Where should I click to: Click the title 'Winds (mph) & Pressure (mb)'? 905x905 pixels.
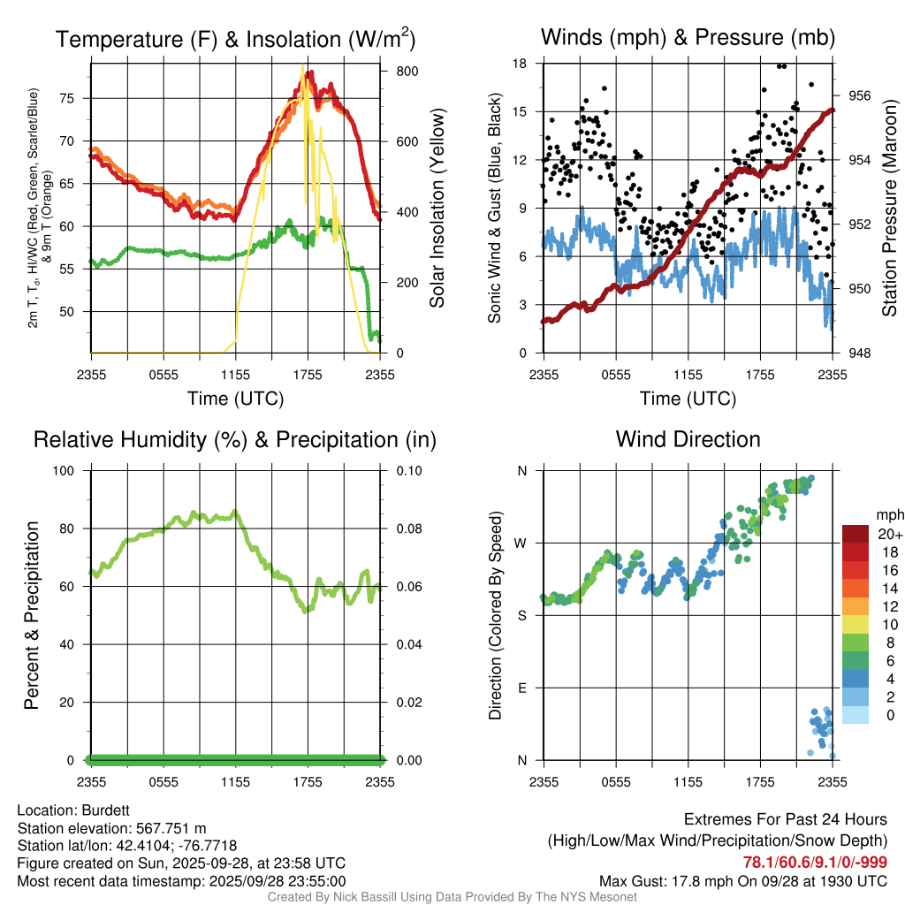688,38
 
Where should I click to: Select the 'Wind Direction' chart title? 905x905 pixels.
688,438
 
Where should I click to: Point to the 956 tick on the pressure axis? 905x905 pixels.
860,95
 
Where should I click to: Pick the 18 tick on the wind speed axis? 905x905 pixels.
521,64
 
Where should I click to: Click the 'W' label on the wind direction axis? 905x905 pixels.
521,543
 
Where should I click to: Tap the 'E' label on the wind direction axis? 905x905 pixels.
521,688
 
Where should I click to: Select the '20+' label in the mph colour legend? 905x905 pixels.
887,534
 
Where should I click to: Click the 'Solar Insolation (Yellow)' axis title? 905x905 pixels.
437,209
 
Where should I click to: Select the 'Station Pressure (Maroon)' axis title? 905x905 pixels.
889,209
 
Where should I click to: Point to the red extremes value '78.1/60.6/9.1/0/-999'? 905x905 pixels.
815,862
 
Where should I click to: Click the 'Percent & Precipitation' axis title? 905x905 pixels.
31,615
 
